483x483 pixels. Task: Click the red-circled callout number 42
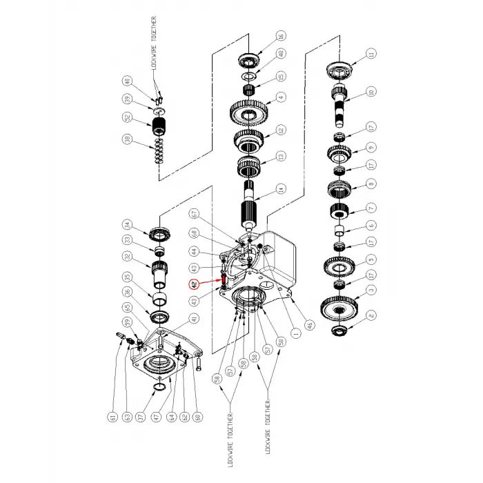coord(195,283)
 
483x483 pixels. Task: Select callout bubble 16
coord(281,37)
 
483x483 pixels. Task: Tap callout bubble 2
coord(371,316)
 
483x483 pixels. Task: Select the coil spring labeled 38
coord(159,152)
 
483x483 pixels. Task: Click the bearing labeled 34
coord(159,230)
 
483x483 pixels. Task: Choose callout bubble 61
coord(111,416)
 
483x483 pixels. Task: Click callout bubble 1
coord(297,333)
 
